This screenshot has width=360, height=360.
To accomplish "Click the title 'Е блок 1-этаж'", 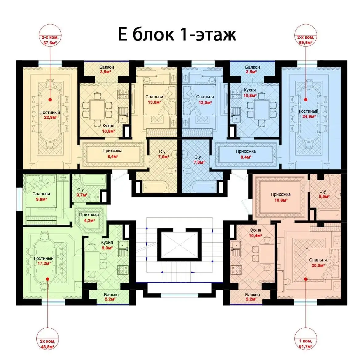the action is [177, 34].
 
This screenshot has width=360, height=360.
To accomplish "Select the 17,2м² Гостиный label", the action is [44, 261].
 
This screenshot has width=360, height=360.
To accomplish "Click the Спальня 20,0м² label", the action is [318, 263].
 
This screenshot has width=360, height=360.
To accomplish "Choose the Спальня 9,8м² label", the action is [41, 196].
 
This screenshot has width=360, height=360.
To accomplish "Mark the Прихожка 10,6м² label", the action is [281, 197].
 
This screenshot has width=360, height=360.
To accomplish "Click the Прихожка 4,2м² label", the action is [89, 218].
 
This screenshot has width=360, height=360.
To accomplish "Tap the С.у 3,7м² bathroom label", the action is [82, 192].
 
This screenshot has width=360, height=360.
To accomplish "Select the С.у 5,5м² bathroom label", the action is [324, 194].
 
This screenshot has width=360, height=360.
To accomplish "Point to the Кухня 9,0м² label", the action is [107, 245].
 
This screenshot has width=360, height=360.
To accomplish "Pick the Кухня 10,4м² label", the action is [255, 233].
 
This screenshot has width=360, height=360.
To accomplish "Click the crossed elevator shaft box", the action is [179, 245].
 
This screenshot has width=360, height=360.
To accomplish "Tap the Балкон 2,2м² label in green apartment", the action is [111, 297].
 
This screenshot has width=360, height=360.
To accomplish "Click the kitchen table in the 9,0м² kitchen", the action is [92, 260].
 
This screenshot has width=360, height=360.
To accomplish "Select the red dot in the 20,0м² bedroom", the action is [305, 279].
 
